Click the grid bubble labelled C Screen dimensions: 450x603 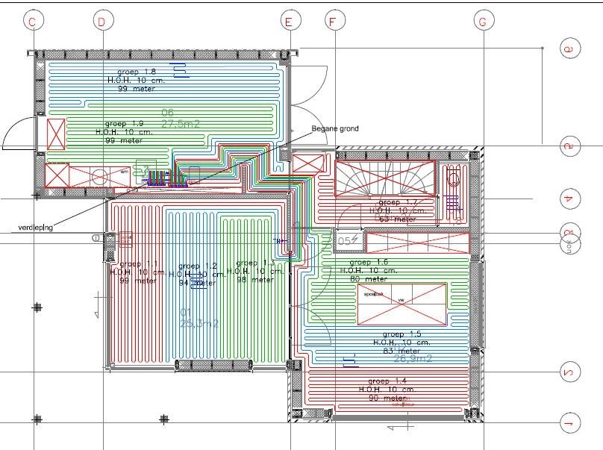coord(31,22)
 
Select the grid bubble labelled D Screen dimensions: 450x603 coord(101,22)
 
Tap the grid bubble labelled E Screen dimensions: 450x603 coord(288,22)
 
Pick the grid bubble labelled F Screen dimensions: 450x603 coord(332,22)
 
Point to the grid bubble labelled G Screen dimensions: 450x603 coord(483,22)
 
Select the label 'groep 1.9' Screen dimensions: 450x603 coord(125,122)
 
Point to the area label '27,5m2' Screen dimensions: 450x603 coord(181,124)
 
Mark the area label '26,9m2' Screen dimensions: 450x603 coord(413,357)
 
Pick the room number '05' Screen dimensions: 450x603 coord(345,241)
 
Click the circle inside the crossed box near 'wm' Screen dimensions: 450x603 coord(99,176)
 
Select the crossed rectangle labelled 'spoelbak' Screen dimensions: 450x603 coord(402,304)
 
